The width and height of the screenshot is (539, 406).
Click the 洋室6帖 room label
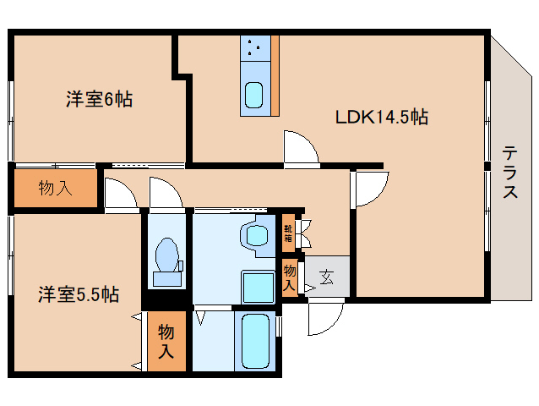[100, 100]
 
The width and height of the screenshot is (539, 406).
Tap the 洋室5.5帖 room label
[79, 294]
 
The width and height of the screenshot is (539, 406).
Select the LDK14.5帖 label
[382, 117]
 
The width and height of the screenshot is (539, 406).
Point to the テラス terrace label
[510, 172]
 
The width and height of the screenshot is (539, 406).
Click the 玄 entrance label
[326, 277]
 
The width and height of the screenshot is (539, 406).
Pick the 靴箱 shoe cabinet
[288, 233]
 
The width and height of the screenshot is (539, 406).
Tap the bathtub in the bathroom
[255, 341]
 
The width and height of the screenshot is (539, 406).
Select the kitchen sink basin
[253, 96]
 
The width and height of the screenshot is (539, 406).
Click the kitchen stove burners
[255, 48]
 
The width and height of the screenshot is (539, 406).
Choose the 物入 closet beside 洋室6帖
[56, 189]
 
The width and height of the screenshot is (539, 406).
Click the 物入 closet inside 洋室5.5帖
[166, 341]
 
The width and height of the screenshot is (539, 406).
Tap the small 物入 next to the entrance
[290, 278]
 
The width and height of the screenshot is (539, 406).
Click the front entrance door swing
[326, 317]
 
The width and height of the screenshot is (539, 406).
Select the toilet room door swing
[166, 193]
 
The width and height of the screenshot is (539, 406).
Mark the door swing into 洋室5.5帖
[121, 194]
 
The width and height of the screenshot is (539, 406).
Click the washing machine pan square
[259, 286]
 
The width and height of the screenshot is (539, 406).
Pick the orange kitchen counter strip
[275, 75]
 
